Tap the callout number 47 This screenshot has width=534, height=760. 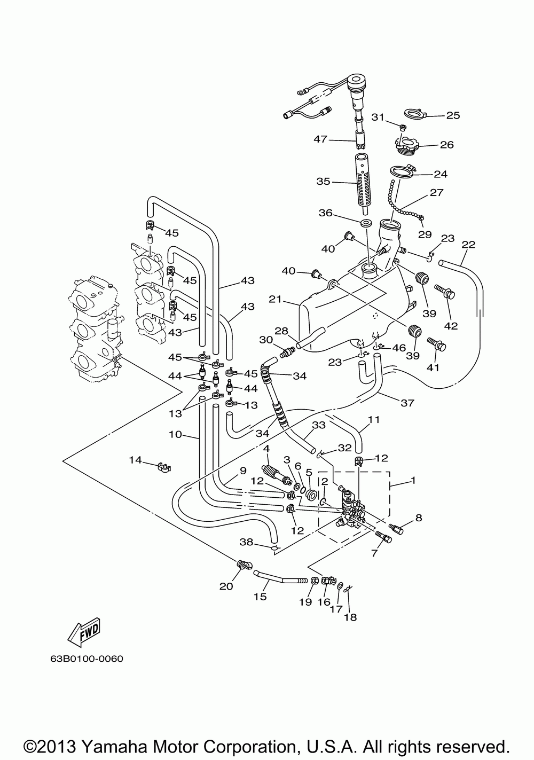tap(320, 139)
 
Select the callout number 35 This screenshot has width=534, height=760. tap(323, 182)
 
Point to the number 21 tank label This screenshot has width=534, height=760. tap(275, 299)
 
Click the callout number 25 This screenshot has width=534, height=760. tap(453, 115)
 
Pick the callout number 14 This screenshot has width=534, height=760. tap(135, 460)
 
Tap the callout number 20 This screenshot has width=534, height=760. tap(226, 586)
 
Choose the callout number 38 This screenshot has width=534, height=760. tap(246, 542)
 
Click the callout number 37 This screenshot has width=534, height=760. tap(407, 403)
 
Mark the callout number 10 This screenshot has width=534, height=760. tap(175, 434)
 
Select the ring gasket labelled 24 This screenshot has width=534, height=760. tap(401, 171)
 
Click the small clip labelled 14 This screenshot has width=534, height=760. tap(164, 467)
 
